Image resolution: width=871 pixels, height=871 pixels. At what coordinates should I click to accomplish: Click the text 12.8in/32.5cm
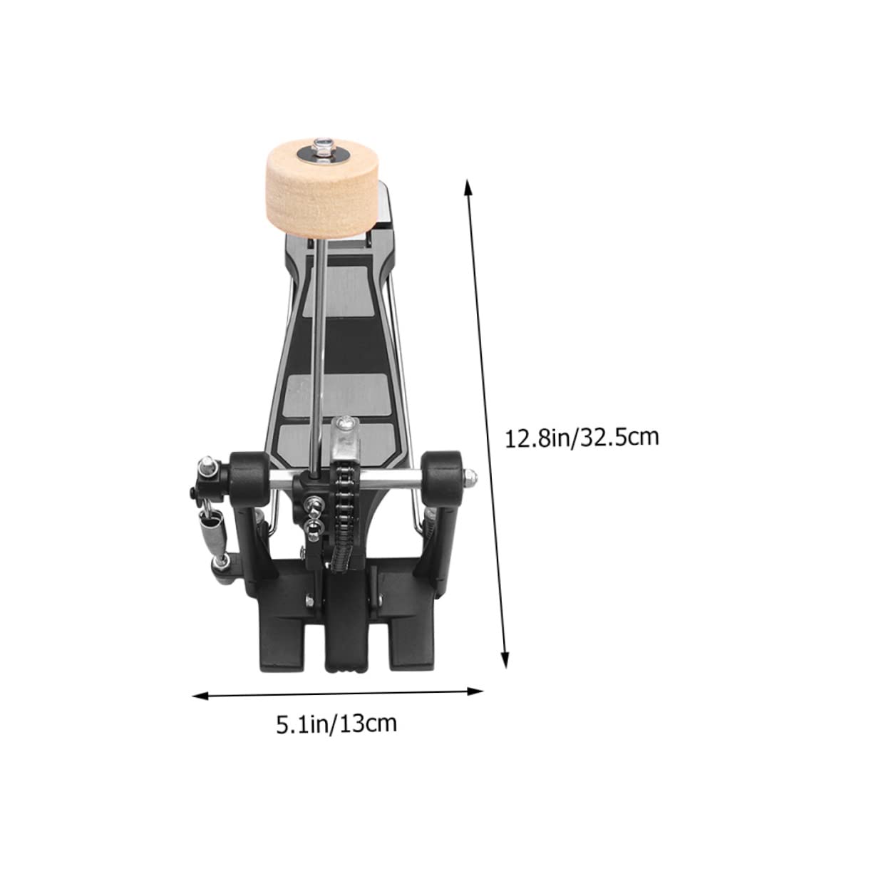pyautogui.click(x=582, y=436)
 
